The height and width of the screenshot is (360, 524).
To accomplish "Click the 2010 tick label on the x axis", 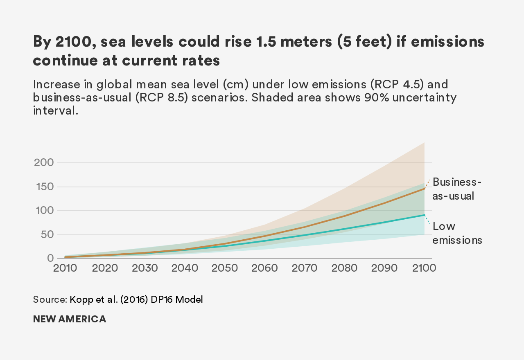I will (x=65, y=268).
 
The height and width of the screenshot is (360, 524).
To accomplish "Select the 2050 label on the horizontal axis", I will (x=225, y=268).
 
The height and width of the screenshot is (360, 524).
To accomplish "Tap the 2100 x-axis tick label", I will (x=424, y=268).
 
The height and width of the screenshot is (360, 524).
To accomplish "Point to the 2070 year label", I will (x=305, y=268).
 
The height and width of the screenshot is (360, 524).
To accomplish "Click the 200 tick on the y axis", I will (x=43, y=162).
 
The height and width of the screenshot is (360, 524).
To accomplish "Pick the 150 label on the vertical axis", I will (x=43, y=187).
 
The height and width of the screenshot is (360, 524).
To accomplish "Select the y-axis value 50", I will (x=47, y=235).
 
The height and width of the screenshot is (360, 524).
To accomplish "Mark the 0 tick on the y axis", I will (x=50, y=258).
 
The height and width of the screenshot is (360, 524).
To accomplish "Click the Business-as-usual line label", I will (x=456, y=189).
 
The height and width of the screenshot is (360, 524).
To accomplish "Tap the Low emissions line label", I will (x=457, y=233).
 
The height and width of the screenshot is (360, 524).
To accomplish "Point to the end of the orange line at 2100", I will (x=425, y=189).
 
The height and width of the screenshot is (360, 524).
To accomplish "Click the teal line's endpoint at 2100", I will (x=425, y=215).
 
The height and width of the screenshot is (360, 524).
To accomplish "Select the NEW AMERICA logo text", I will (x=70, y=319).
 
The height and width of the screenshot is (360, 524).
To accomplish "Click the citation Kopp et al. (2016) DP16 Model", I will (x=136, y=299).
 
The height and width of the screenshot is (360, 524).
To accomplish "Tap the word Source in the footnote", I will (x=50, y=299).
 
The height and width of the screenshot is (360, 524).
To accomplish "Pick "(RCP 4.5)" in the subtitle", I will (x=409, y=84).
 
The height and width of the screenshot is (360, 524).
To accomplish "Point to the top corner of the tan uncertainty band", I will (x=424, y=143).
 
